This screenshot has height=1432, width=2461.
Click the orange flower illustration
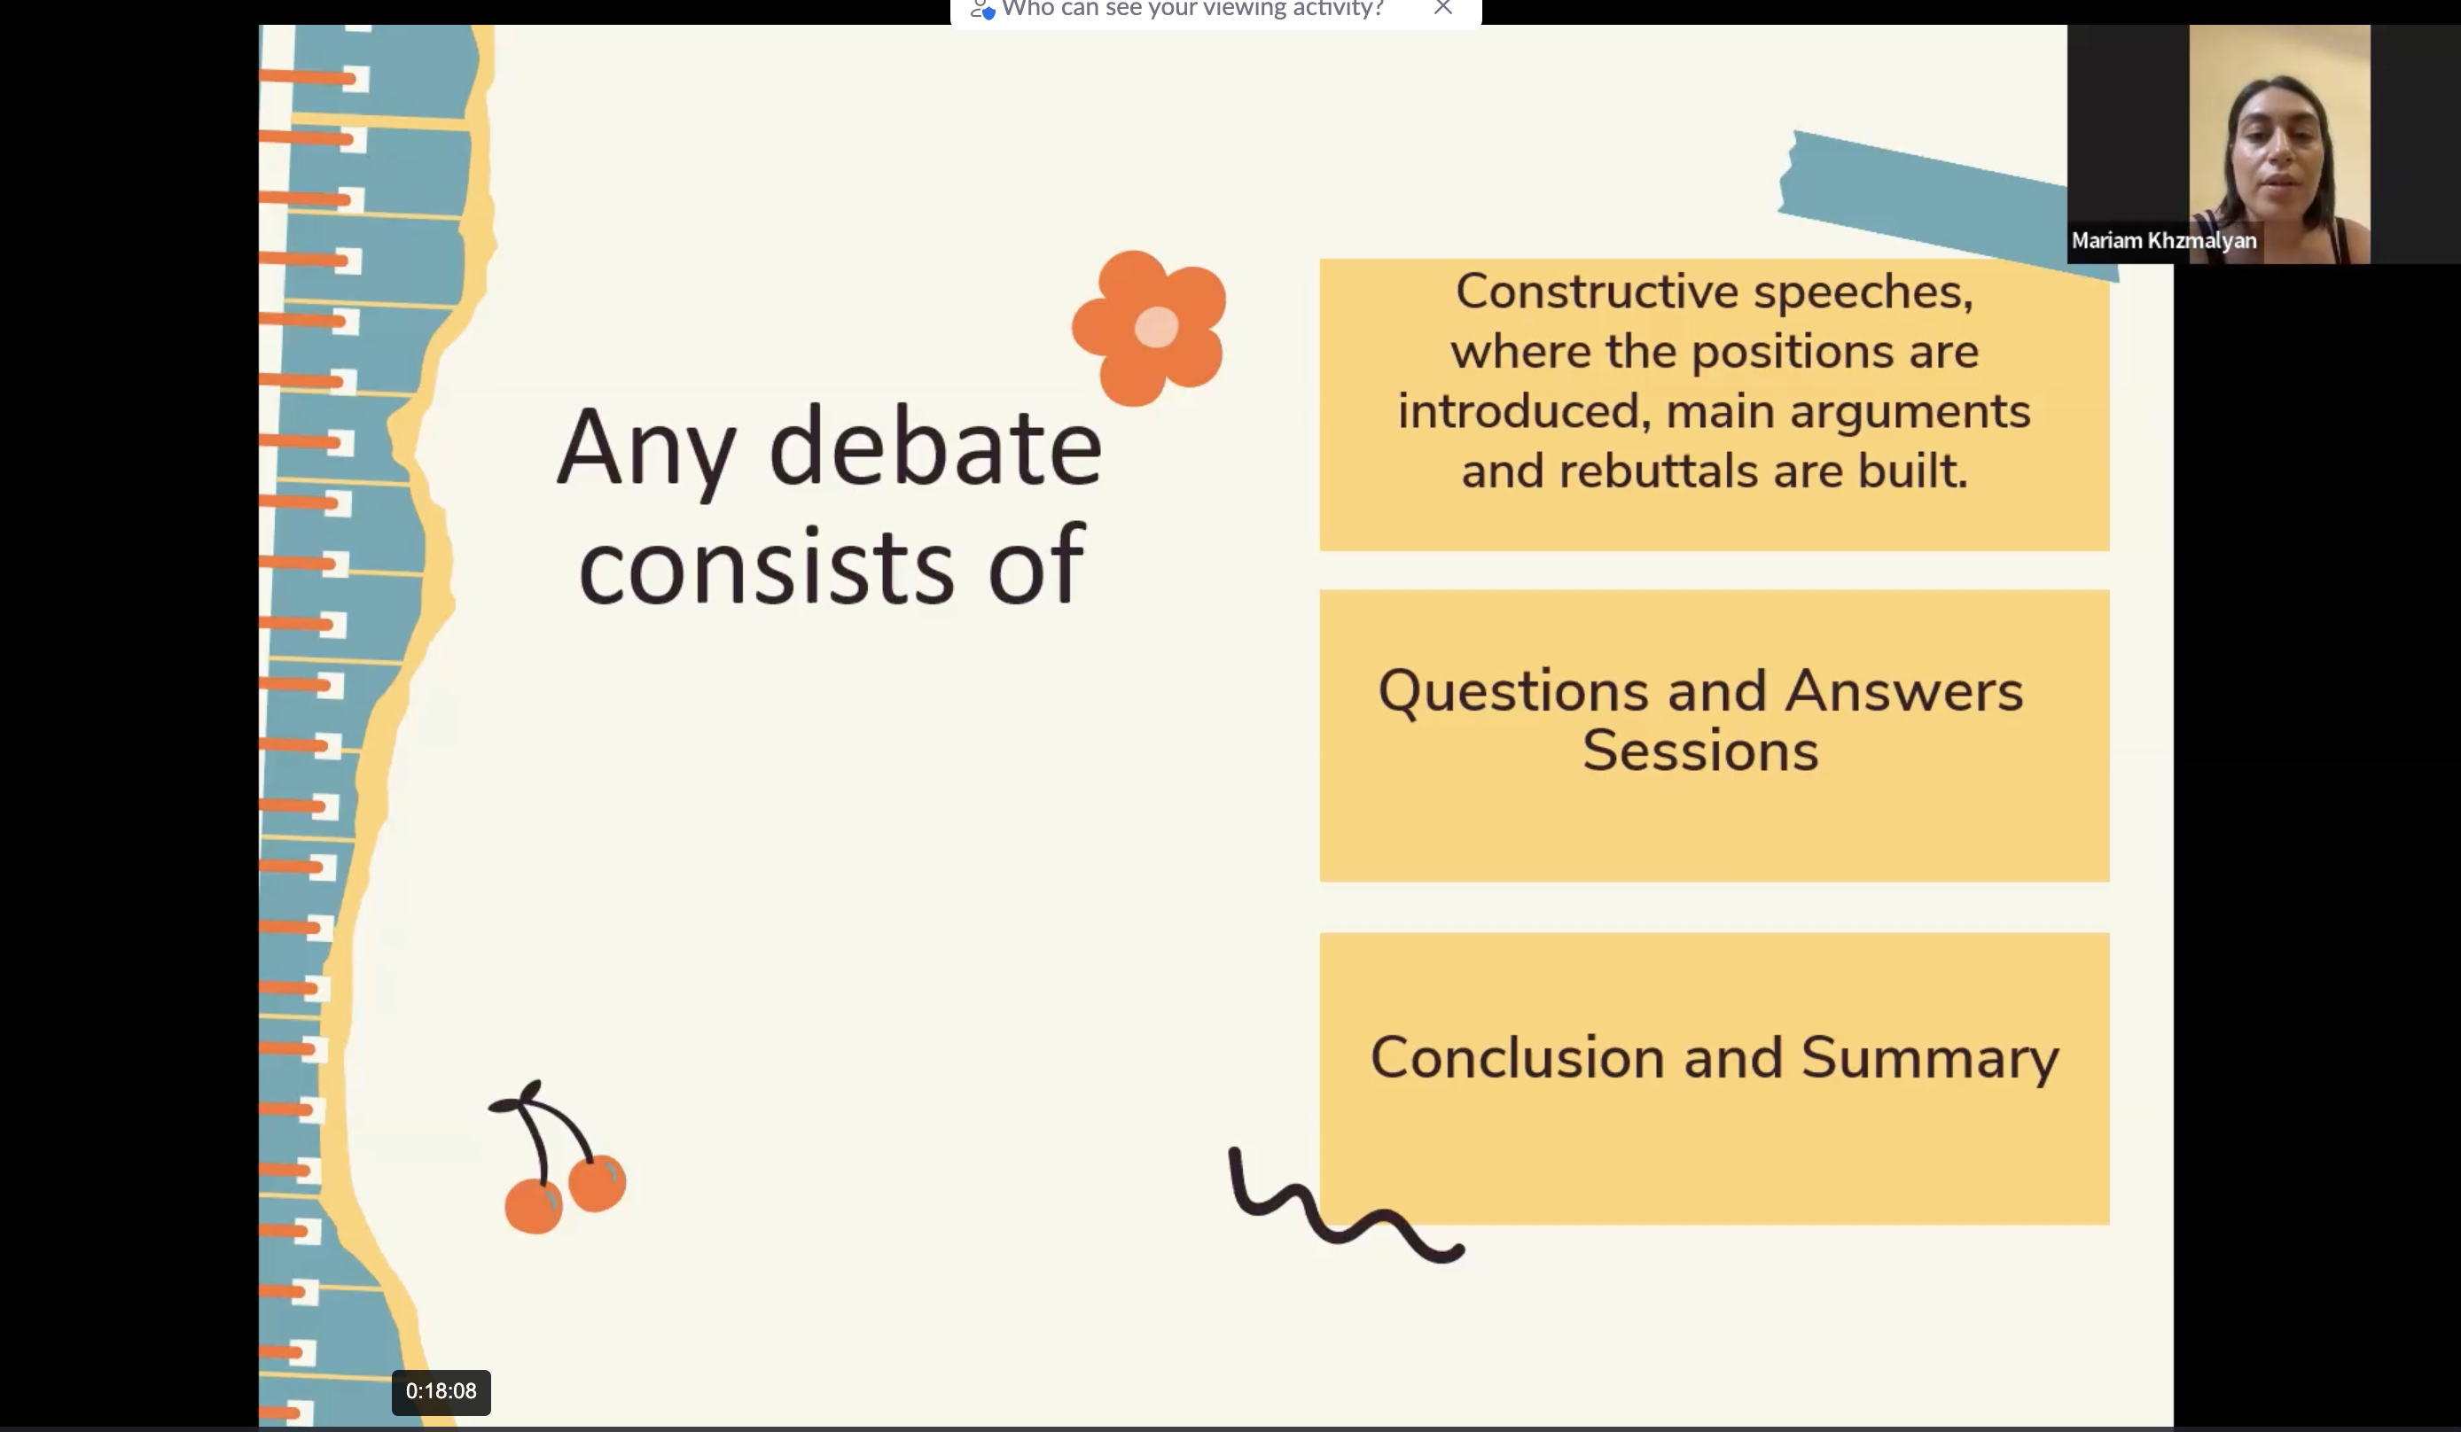1148,328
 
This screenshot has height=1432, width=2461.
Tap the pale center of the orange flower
1156,327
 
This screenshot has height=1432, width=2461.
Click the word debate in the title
935,447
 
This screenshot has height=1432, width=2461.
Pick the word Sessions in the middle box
1700,751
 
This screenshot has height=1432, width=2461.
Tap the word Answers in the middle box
1904,691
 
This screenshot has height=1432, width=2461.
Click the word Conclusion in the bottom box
1517,1057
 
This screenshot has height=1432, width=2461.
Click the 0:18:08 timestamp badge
441,1392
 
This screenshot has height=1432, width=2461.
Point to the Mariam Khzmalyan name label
2164,241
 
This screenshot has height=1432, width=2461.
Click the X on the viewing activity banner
1443,8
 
